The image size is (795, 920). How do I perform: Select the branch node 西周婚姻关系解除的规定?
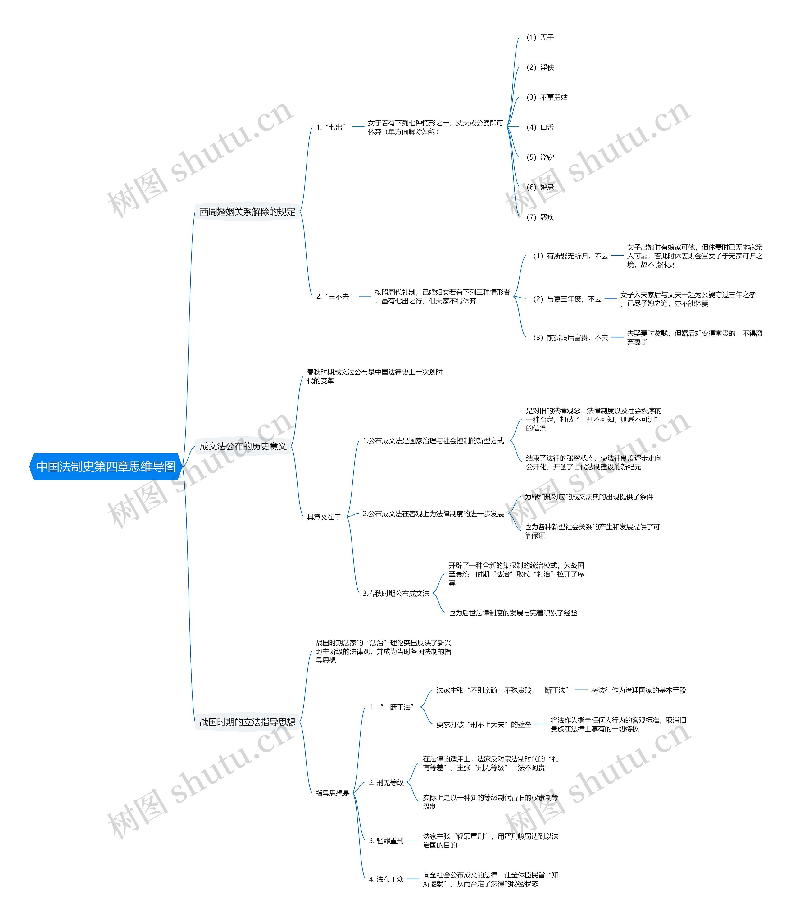click(x=247, y=212)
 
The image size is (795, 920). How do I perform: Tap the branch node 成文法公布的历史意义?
click(x=243, y=446)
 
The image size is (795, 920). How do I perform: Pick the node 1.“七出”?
click(x=331, y=127)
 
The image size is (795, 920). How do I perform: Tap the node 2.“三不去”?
click(x=334, y=297)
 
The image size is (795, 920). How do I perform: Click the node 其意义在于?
click(x=324, y=517)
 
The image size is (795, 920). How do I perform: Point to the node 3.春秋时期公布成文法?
click(x=396, y=594)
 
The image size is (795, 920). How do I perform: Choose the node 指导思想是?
click(x=333, y=794)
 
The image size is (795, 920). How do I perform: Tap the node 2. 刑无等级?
click(x=386, y=783)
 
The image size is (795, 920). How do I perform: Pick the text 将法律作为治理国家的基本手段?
click(x=638, y=690)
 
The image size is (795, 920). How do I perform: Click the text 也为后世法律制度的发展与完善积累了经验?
click(x=513, y=613)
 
